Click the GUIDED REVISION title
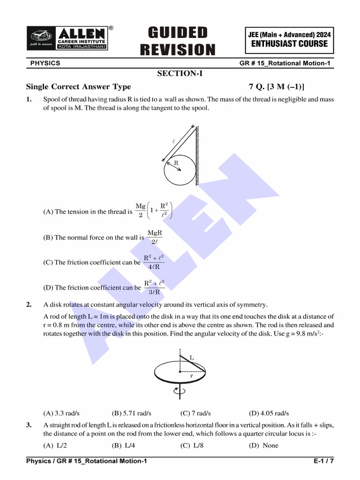point(178,41)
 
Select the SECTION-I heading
point(180,73)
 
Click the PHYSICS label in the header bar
point(45,63)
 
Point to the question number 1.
point(29,99)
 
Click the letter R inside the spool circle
point(176,163)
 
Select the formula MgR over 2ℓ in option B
point(155,237)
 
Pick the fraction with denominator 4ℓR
point(154,262)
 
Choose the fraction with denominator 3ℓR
point(154,287)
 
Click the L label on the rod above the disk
point(192,358)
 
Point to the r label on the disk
point(191,376)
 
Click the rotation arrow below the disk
point(176,391)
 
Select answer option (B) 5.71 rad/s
point(131,413)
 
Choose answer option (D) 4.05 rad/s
point(269,413)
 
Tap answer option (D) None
point(263,445)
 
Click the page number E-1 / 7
point(324,462)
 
